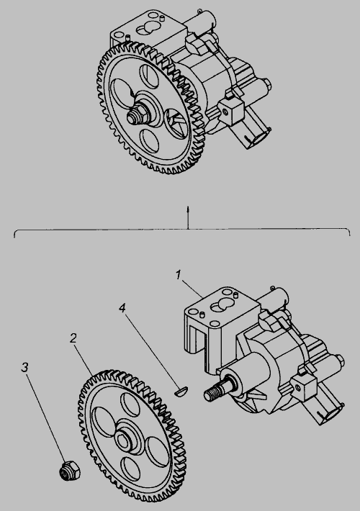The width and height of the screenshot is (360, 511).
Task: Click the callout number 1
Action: [178, 276]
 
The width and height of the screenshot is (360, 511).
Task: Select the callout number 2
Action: [73, 338]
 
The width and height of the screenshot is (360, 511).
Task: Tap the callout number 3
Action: [24, 367]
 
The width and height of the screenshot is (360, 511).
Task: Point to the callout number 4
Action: [122, 308]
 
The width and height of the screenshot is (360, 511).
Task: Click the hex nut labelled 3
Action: [69, 471]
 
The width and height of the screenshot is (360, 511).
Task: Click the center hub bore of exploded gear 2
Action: [123, 441]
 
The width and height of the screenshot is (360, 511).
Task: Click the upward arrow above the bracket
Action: [188, 217]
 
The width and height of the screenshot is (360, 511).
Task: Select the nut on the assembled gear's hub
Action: [138, 115]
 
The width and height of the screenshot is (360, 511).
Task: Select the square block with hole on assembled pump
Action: [231, 112]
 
